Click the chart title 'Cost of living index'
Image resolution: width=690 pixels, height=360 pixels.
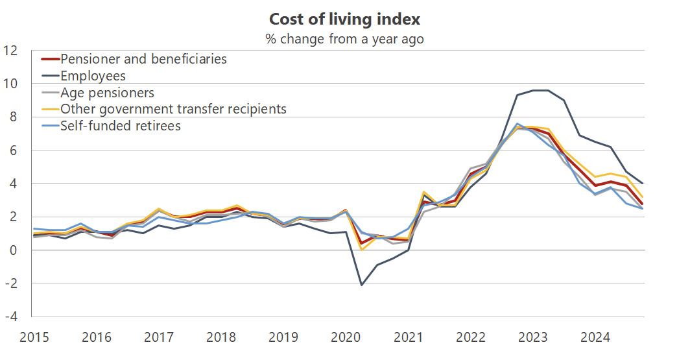click(344, 18)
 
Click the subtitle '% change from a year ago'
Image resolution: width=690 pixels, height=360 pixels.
click(344, 39)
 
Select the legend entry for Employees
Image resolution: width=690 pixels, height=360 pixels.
click(93, 76)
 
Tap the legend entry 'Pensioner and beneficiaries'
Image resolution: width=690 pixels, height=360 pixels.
click(143, 59)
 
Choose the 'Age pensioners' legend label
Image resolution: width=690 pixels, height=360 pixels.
click(107, 93)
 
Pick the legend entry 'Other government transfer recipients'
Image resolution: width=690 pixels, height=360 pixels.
click(173, 109)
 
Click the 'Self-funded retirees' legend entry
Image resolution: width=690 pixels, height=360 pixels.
click(120, 126)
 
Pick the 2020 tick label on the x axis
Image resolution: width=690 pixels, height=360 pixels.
click(346, 337)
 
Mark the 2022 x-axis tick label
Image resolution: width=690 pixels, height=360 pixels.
click(471, 337)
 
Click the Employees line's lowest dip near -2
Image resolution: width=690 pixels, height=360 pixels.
click(361, 285)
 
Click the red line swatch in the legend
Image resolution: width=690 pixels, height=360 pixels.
click(49, 59)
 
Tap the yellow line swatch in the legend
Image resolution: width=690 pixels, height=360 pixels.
click(49, 109)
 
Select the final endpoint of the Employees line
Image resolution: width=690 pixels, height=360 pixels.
click(643, 184)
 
